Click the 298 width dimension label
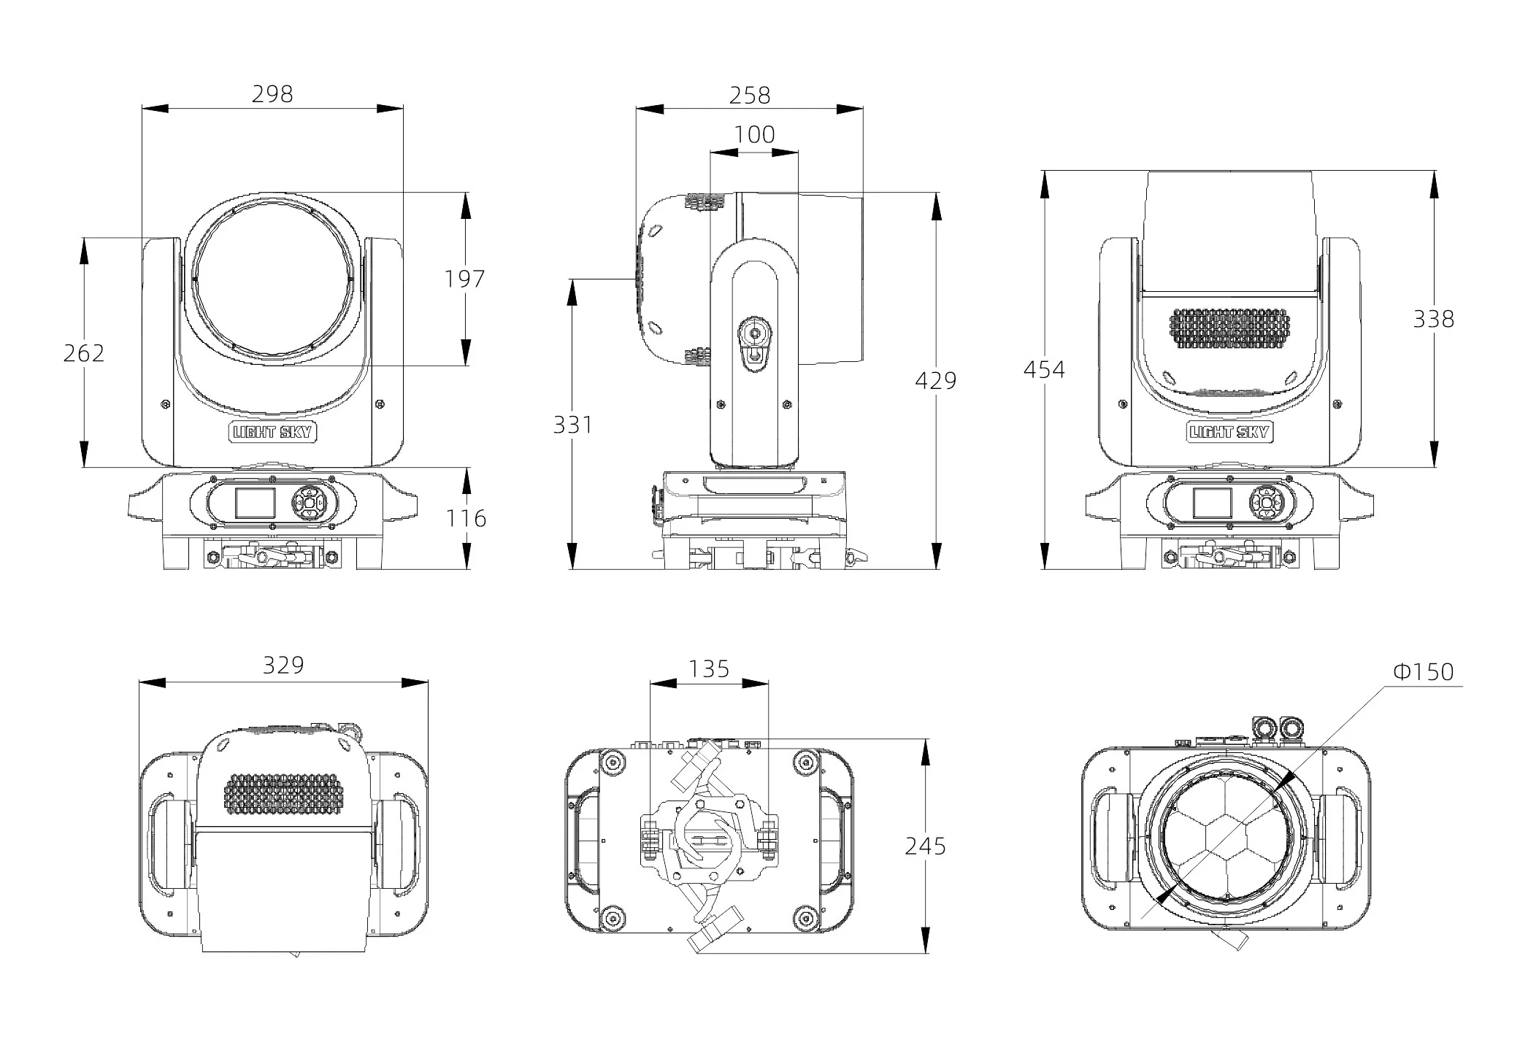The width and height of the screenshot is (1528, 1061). (272, 94)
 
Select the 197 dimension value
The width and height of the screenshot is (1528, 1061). (465, 279)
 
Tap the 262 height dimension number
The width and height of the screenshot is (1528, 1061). (84, 353)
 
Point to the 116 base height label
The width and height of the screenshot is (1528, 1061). (467, 519)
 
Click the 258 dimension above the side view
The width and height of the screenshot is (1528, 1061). (750, 96)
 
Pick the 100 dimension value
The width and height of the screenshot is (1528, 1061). (754, 134)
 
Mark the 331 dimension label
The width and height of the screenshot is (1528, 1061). (573, 425)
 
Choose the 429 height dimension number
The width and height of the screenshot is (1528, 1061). (936, 380)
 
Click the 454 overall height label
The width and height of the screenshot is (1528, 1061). (1044, 370)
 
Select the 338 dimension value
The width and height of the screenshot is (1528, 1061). (1434, 319)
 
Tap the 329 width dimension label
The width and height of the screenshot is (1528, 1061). (283, 665)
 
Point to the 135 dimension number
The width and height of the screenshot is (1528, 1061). (709, 668)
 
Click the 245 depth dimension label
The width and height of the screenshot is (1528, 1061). (926, 846)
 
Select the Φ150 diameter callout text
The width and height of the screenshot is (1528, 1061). (1424, 671)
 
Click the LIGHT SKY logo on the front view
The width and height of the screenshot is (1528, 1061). (272, 431)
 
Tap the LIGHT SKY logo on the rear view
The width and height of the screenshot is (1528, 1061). (1229, 431)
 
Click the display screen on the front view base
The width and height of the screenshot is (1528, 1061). (255, 503)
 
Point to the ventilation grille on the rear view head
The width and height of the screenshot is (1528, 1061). (1230, 328)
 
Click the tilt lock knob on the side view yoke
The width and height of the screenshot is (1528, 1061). (754, 343)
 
